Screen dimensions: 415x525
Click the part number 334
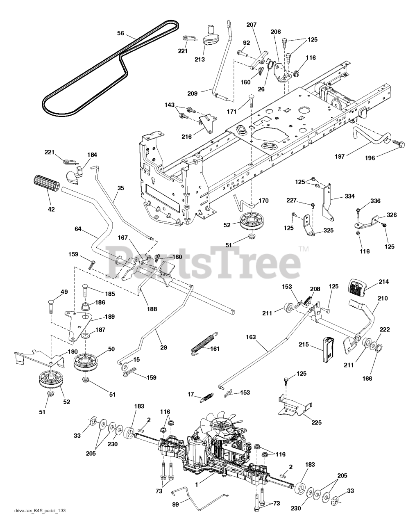click(x=349, y=196)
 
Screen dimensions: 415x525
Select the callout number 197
click(x=340, y=156)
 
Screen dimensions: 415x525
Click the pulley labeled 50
click(x=86, y=362)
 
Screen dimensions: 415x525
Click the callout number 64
click(x=78, y=229)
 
